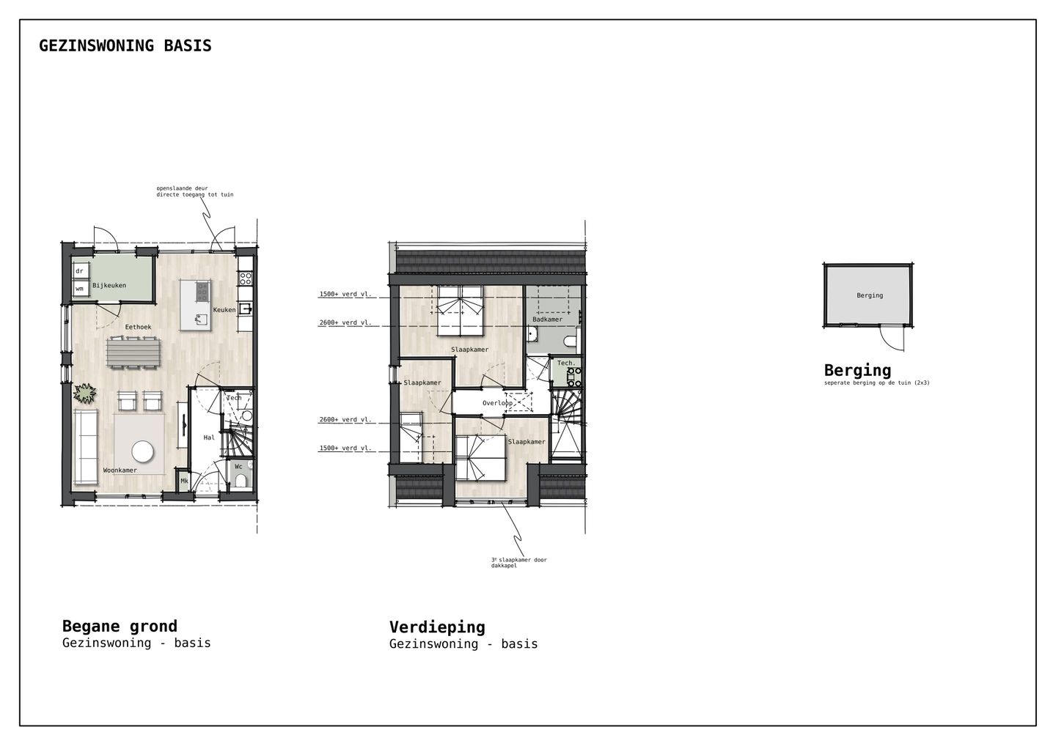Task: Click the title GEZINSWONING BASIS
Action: coord(125,46)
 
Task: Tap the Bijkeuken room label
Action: coord(109,286)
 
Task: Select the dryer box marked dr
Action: coord(80,271)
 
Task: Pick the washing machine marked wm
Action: coord(80,289)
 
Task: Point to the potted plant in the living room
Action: coord(86,394)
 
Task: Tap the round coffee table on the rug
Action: coord(142,452)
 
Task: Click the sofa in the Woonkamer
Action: coord(86,447)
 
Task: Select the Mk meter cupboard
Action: coord(184,481)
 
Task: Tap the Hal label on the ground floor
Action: coord(209,438)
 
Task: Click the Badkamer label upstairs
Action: coord(547,320)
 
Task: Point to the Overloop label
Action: coord(497,403)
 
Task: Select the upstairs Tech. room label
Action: coord(566,363)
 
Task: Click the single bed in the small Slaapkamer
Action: coord(411,437)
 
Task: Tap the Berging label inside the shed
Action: coord(869,295)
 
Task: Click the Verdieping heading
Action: coord(437,627)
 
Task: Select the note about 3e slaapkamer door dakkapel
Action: coord(518,563)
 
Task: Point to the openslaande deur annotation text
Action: coord(194,191)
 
